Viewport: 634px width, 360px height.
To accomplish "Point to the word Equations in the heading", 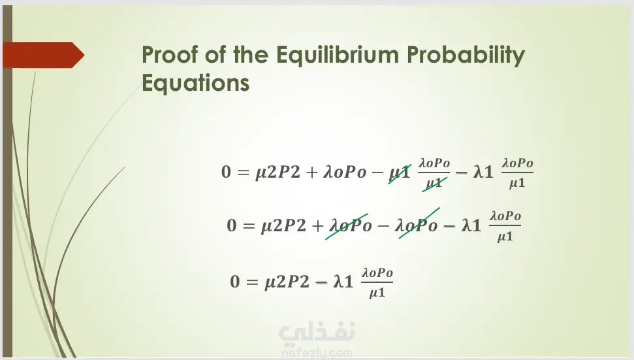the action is [x=195, y=84].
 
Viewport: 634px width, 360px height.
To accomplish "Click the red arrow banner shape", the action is [x=43, y=55].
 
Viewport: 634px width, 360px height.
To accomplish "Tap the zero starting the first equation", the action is [x=226, y=172].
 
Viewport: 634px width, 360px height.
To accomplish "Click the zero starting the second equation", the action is [x=232, y=225].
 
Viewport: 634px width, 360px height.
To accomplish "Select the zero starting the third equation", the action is [x=235, y=282].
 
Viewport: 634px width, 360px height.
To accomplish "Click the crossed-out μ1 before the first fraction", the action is [x=399, y=173].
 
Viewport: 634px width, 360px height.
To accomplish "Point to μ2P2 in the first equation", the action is [x=277, y=172].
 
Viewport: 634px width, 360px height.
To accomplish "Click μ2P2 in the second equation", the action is [x=283, y=226].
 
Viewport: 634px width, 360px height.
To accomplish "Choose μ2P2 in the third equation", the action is [x=287, y=282].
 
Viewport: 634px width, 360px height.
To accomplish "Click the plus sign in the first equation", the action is [x=311, y=172].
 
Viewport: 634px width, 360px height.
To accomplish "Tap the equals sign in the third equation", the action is [x=252, y=282].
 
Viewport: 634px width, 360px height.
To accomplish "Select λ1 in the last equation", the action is [x=343, y=282].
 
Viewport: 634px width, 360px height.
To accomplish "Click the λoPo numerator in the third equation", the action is [x=377, y=273].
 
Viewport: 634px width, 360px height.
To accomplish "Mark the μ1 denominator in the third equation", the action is [x=377, y=293].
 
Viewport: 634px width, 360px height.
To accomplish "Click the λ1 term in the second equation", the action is [x=471, y=225].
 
